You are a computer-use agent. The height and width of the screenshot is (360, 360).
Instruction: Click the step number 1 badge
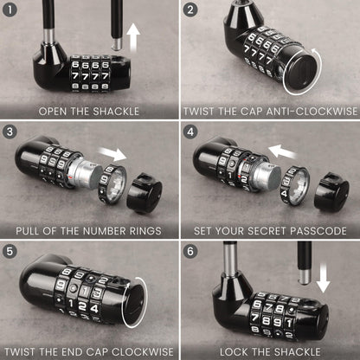pyautogui.click(x=12, y=11)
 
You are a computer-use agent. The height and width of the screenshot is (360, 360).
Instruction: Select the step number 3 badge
pyautogui.click(x=12, y=132)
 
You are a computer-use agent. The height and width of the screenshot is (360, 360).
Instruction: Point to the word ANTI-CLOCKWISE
pyautogui.click(x=301, y=111)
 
